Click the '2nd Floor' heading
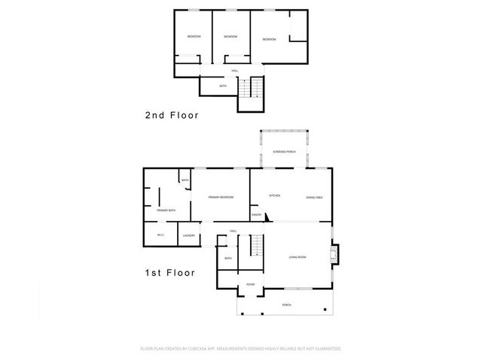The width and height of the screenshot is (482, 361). click(x=172, y=116)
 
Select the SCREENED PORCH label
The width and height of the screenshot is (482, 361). click(x=284, y=152)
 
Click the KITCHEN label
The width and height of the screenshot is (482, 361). click(x=275, y=196)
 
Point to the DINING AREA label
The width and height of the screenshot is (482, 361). click(x=315, y=197)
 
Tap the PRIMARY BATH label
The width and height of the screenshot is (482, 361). click(x=166, y=211)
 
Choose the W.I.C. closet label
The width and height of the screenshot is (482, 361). click(x=160, y=235)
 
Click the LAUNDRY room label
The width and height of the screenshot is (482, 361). click(x=188, y=235)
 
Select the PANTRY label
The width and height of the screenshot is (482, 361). click(x=256, y=215)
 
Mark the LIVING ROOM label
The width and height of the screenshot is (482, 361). click(x=297, y=258)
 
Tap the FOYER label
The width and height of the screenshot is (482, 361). click(x=250, y=284)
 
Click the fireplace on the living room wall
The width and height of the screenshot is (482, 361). click(x=336, y=254)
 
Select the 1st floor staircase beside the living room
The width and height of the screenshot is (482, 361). click(x=257, y=245)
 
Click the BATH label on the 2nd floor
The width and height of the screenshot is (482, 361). click(x=222, y=86)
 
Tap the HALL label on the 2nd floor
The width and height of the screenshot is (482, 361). click(x=235, y=71)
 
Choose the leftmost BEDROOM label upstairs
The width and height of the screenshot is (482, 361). click(x=194, y=36)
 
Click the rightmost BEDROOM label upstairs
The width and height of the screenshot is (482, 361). click(x=269, y=39)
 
